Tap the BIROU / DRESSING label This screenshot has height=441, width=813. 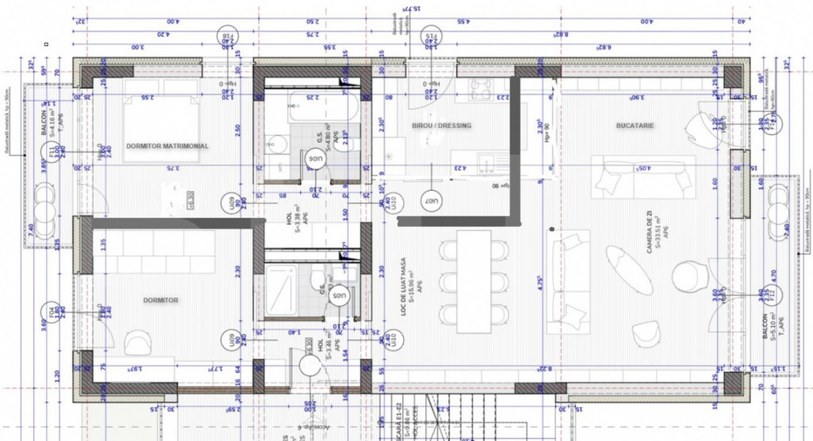pos(441,125)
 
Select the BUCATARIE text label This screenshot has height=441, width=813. pos(634,125)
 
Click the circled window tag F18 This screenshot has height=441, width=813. pos(228,36)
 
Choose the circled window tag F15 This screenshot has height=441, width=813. pos(431,36)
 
